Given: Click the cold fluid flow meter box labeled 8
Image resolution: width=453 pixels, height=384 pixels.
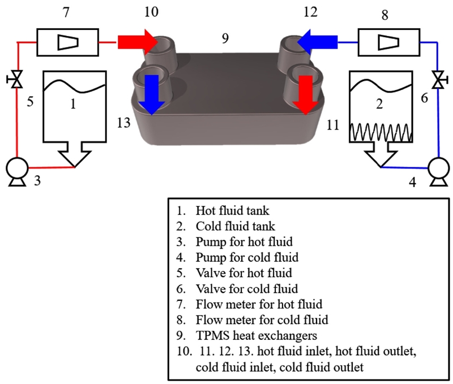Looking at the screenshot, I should [x=386, y=41].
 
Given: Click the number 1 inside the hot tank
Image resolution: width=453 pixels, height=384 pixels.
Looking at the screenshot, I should [x=72, y=105].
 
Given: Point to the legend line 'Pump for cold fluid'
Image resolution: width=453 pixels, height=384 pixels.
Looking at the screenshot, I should [x=246, y=257].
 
